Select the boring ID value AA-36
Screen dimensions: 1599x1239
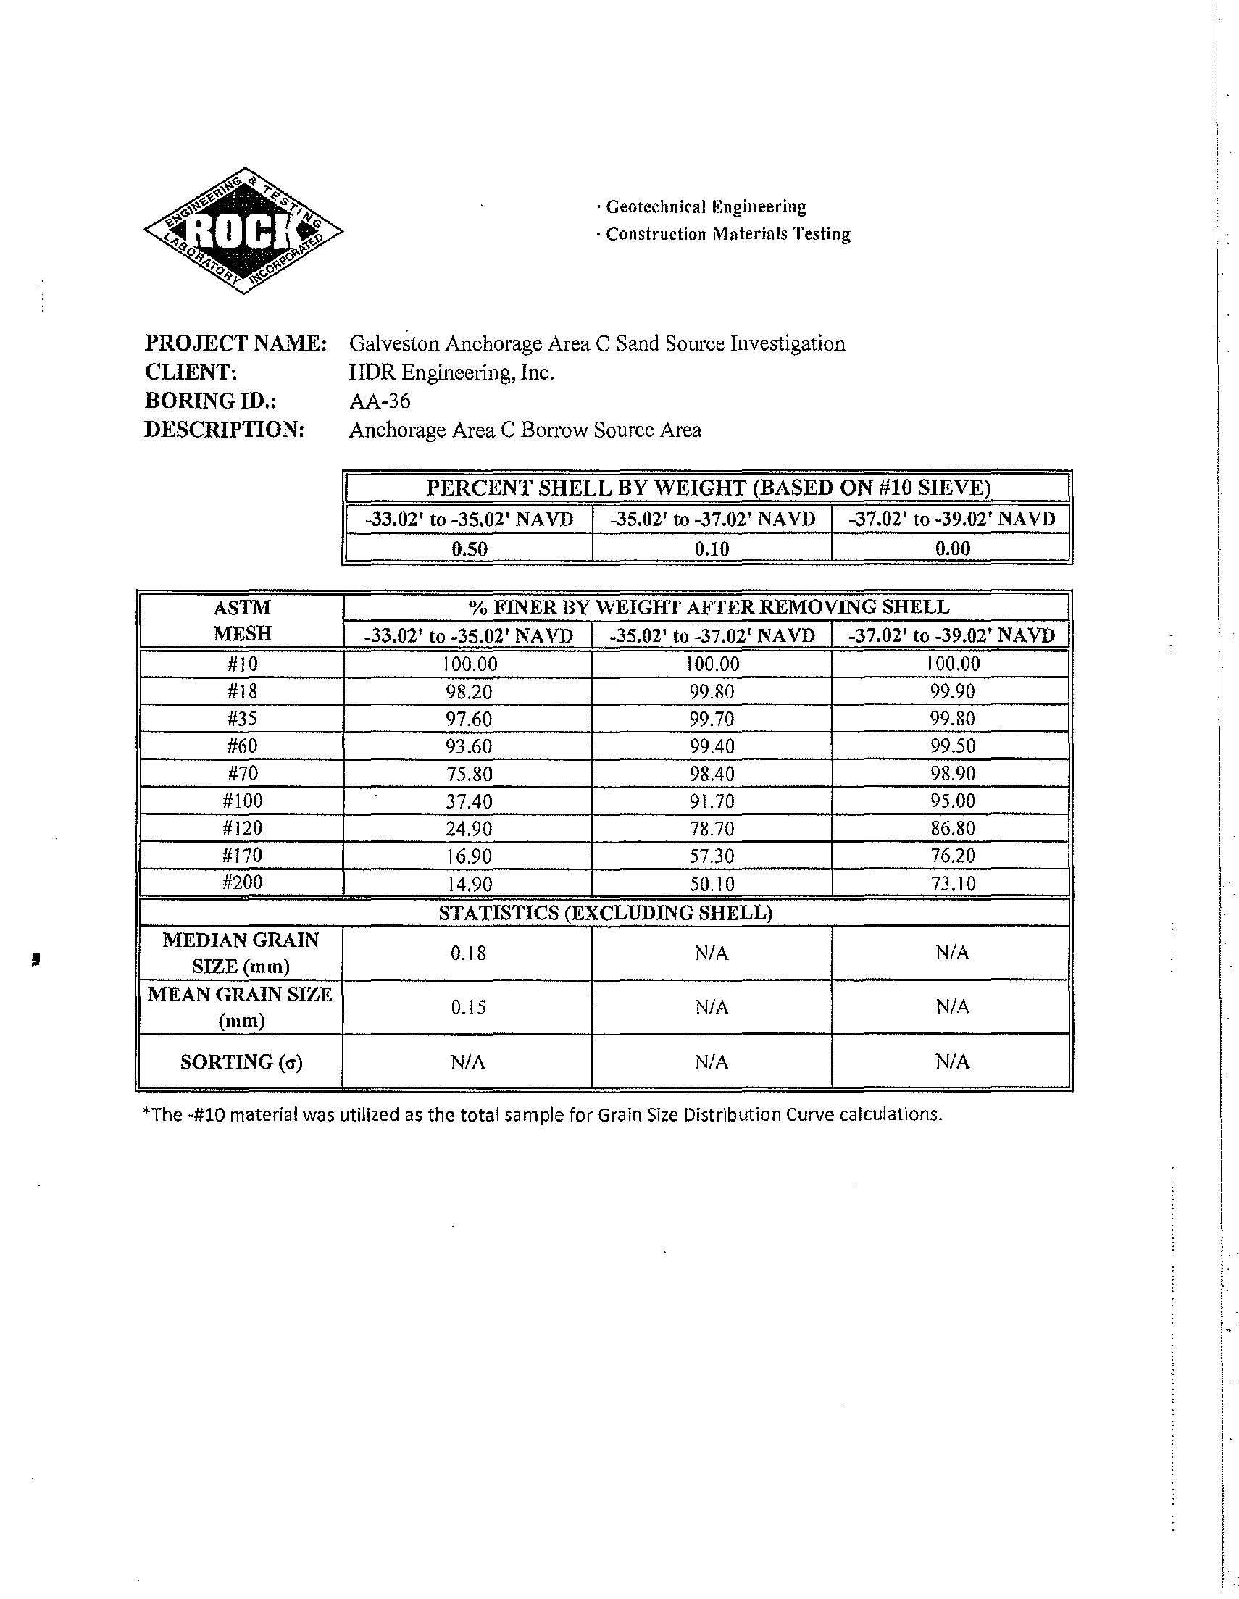[380, 401]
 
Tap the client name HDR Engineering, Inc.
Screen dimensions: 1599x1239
[451, 372]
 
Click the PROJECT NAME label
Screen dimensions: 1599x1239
[235, 343]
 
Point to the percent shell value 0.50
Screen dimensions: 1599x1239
[469, 548]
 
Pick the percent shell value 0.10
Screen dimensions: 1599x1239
[711, 548]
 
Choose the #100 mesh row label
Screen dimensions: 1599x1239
[242, 801]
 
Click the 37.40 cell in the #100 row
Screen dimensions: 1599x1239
[469, 801]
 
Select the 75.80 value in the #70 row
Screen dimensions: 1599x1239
[469, 774]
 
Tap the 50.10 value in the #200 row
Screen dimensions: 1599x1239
[711, 884]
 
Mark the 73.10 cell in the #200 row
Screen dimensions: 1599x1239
[952, 884]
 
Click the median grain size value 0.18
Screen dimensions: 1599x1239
[468, 953]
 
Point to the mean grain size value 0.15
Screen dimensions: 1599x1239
[468, 1007]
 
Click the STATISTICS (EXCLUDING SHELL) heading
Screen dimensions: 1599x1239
[605, 913]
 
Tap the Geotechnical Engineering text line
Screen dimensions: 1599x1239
[705, 207]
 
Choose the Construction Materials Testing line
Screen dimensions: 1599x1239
[727, 234]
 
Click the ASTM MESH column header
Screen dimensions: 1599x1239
[242, 620]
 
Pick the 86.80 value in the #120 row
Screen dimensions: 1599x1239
[952, 829]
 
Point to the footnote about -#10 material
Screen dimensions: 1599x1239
[541, 1114]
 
